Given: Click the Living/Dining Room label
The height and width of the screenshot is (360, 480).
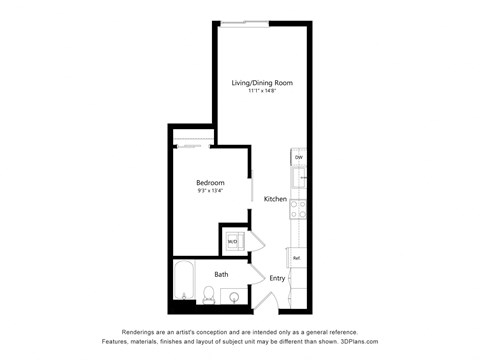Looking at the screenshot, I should click(x=263, y=82).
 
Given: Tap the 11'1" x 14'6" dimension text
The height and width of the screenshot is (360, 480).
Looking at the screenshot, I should click(x=263, y=91).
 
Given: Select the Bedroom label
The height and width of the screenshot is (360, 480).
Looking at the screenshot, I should click(x=210, y=183).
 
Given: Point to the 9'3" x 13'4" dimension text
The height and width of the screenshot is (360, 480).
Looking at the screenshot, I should click(x=210, y=191).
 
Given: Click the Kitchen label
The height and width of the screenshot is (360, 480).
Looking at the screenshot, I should click(x=276, y=199).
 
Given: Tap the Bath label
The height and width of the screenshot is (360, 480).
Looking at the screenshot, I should click(x=221, y=273).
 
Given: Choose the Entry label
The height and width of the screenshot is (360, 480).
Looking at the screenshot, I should click(x=277, y=278).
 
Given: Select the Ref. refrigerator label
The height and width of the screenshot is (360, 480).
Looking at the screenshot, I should click(x=297, y=258).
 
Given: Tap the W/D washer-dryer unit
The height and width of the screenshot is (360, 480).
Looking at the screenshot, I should click(x=232, y=241).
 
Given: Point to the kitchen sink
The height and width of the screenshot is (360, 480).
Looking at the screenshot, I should click(x=298, y=179).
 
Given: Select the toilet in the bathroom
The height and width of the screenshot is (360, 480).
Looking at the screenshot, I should click(x=209, y=294).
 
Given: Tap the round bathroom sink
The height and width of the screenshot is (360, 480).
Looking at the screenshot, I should click(x=234, y=296).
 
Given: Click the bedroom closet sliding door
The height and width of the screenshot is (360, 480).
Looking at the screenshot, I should click(x=194, y=146).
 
